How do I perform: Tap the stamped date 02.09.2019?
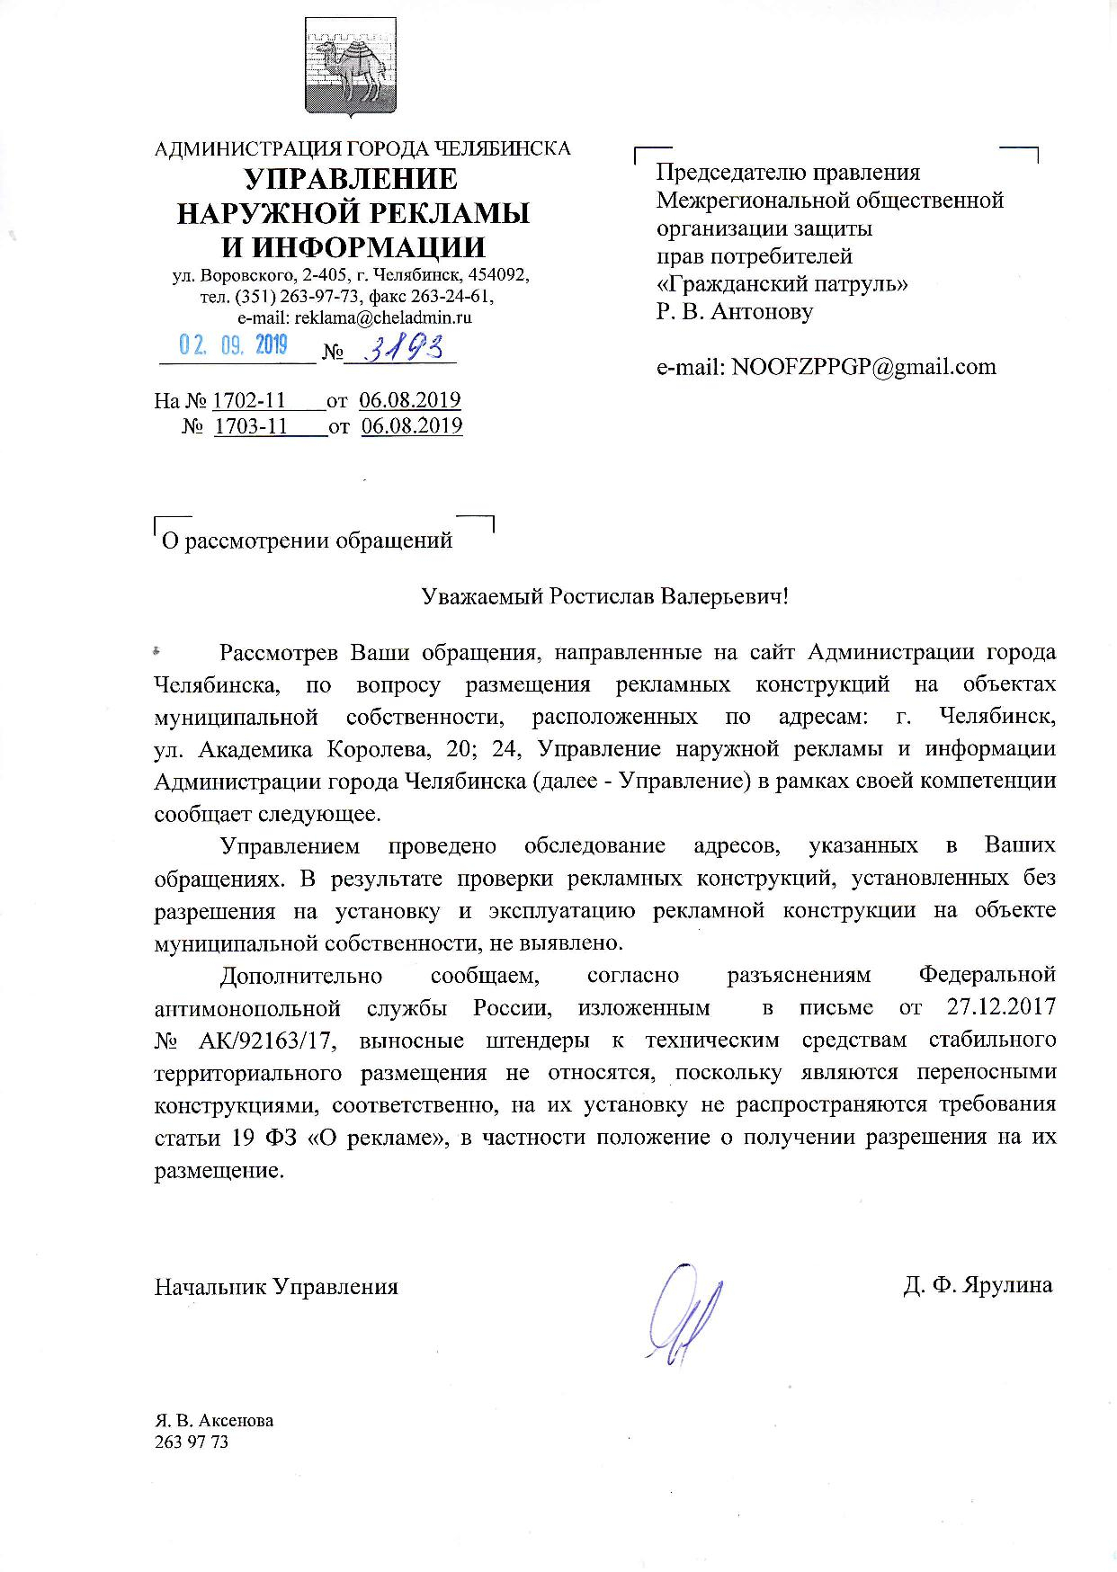(233, 345)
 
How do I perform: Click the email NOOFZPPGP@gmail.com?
(863, 366)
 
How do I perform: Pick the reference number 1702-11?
(249, 400)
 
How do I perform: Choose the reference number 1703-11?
(251, 425)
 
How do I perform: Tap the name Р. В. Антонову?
(735, 312)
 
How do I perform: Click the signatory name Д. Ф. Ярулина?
(978, 1284)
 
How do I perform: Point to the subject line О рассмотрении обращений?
(306, 540)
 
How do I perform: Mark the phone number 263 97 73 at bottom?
(192, 1442)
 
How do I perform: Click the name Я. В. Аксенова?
(214, 1421)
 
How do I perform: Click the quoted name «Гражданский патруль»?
(782, 284)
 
